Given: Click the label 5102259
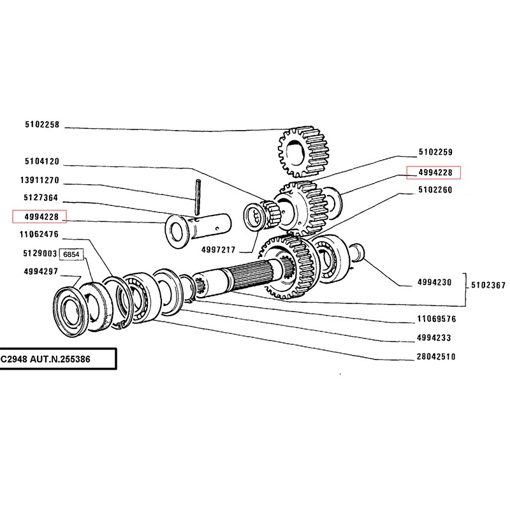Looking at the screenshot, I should (435, 152).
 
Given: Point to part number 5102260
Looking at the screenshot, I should (435, 189).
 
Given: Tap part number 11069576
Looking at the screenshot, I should (436, 318).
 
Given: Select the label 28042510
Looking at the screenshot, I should (436, 357).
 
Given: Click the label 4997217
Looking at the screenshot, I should (219, 249).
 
